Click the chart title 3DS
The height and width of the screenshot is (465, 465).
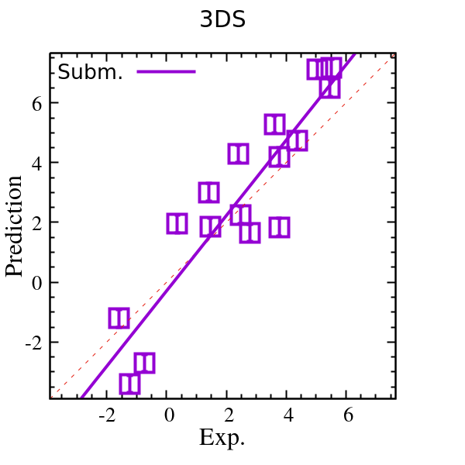pos(223,21)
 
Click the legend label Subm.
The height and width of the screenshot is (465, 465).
pos(91,72)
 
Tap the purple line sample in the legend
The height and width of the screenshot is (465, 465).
pos(166,72)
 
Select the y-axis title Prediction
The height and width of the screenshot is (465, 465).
pos(15,226)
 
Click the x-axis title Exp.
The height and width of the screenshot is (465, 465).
pos(222,438)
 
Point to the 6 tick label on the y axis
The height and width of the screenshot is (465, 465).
pos(33,103)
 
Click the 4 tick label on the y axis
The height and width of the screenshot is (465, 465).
pos(33,163)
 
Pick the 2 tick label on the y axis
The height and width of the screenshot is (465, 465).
pos(33,222)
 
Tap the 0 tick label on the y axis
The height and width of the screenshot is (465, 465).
pos(33,282)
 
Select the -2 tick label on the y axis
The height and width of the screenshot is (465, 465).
pos(29,342)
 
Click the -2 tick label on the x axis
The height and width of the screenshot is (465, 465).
pos(108,415)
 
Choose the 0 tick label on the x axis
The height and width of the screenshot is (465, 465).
pos(169,415)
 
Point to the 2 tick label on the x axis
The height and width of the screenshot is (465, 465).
pos(229,415)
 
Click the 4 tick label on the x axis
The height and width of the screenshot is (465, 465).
pos(288,415)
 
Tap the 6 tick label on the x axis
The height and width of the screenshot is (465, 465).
pos(348,415)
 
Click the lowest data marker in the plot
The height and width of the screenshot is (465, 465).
pos(129,383)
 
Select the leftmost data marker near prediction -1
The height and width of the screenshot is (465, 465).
pos(119,318)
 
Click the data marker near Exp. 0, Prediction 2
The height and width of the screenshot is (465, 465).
pos(177,223)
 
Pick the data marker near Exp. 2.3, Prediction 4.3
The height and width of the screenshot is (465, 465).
pos(238,153)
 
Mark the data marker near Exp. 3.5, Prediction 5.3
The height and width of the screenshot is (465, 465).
pos(274,124)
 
